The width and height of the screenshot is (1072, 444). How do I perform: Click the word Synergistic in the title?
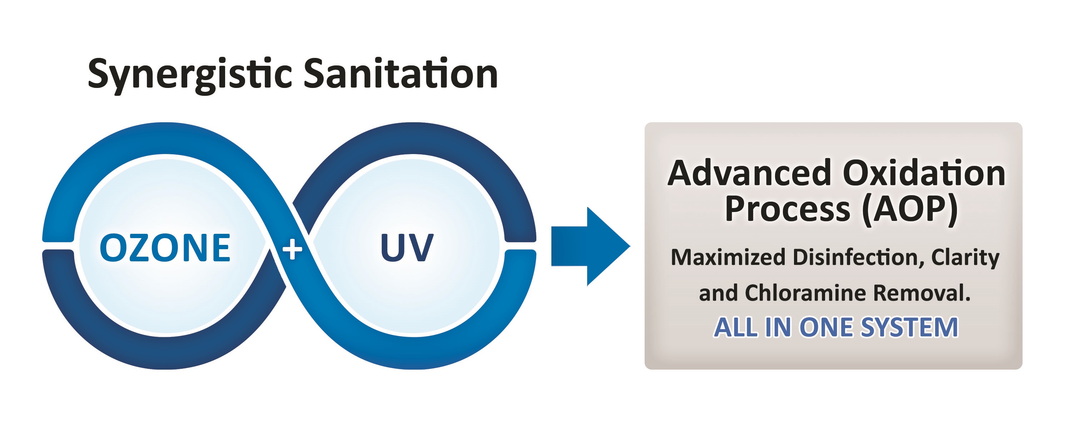pos(190,75)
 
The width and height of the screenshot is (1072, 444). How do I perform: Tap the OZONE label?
pos(165,248)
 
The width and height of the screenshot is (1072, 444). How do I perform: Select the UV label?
pos(407,247)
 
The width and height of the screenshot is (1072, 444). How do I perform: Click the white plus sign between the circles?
pos(292,249)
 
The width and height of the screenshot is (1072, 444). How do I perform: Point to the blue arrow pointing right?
pos(591,246)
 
